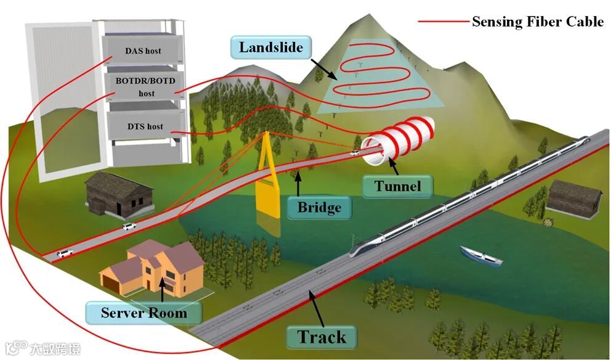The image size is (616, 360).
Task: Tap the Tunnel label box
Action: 397,186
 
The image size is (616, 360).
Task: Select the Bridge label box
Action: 319,207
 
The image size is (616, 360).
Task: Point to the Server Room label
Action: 144,313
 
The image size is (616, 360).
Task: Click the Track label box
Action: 322,337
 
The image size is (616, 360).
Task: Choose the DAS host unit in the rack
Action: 142,50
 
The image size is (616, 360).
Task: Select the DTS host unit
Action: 145,126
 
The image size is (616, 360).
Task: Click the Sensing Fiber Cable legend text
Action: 537,22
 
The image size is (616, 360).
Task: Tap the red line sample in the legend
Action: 442,22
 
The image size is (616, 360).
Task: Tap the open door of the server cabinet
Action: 62,99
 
